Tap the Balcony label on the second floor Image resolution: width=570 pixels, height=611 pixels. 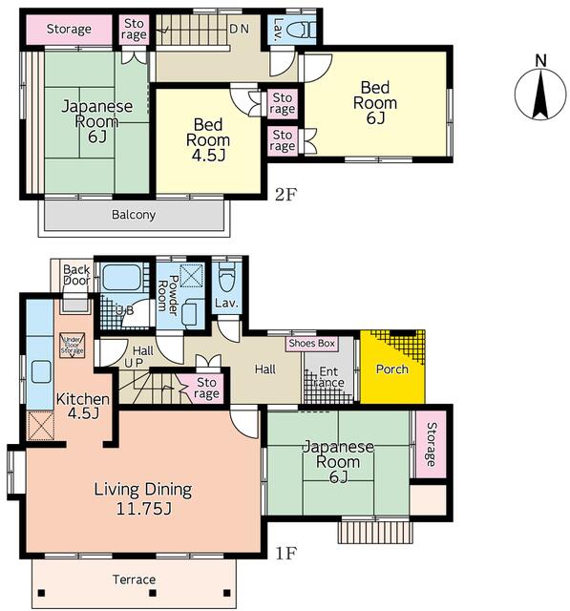(x=134, y=215)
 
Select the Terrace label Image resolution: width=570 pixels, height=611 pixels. (x=134, y=579)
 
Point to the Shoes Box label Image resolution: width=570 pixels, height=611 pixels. (x=312, y=344)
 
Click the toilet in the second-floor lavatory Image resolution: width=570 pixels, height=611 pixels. (x=303, y=30)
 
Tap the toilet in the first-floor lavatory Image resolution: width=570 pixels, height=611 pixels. (x=226, y=278)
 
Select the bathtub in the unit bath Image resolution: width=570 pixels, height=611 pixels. (x=123, y=278)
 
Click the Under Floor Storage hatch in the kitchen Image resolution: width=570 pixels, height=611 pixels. (x=72, y=346)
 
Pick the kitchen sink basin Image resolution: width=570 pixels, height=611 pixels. (x=41, y=371)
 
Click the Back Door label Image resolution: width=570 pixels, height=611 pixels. (x=76, y=274)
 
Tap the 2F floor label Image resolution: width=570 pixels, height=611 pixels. (x=286, y=195)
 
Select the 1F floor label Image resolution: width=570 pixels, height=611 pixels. (x=286, y=553)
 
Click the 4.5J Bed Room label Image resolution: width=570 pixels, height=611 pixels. (x=208, y=140)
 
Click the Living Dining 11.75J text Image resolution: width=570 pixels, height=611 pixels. (x=143, y=498)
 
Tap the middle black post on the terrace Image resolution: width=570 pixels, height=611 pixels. (x=153, y=594)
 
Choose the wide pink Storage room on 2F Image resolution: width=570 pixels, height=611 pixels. (x=69, y=30)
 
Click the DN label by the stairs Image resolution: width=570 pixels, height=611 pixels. (x=239, y=29)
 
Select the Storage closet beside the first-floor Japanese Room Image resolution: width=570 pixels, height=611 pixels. (x=431, y=444)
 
